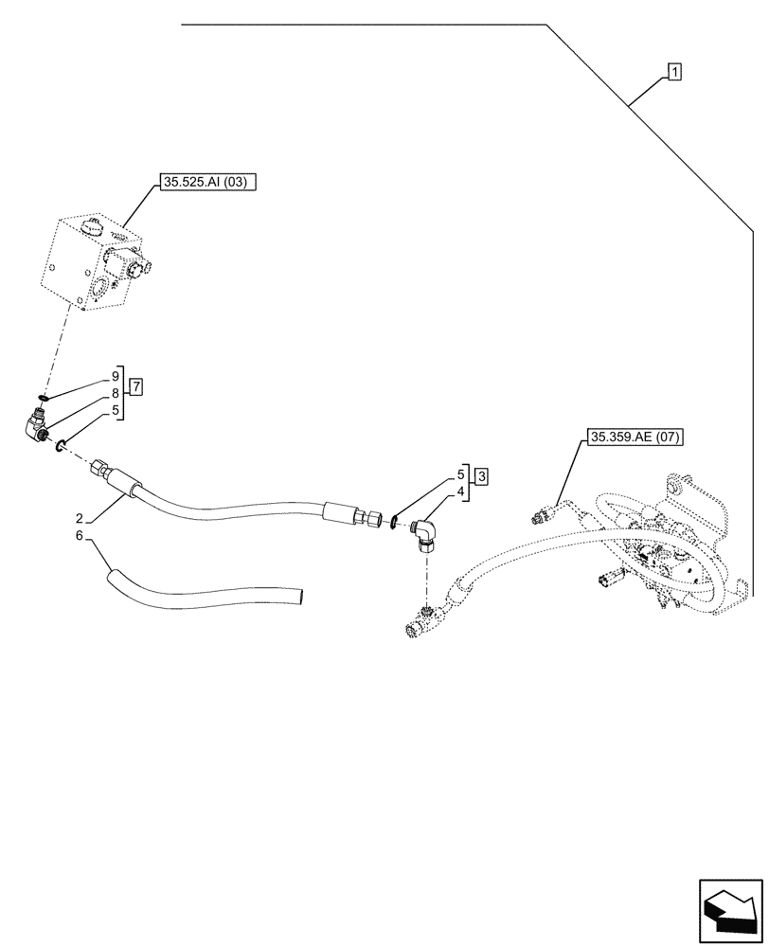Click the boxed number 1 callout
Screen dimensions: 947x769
[673, 71]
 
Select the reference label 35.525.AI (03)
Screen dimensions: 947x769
[204, 184]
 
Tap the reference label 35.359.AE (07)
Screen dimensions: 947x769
[635, 437]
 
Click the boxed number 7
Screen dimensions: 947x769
[137, 386]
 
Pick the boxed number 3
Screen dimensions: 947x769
[481, 475]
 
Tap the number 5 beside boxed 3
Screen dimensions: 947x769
[461, 473]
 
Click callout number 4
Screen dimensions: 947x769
[461, 492]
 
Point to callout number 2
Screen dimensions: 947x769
[80, 518]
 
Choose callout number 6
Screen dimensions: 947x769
[80, 537]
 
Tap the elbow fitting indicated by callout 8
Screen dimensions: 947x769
[39, 426]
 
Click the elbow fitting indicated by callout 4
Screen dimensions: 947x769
[427, 536]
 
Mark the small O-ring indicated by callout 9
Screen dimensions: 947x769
[44, 398]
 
